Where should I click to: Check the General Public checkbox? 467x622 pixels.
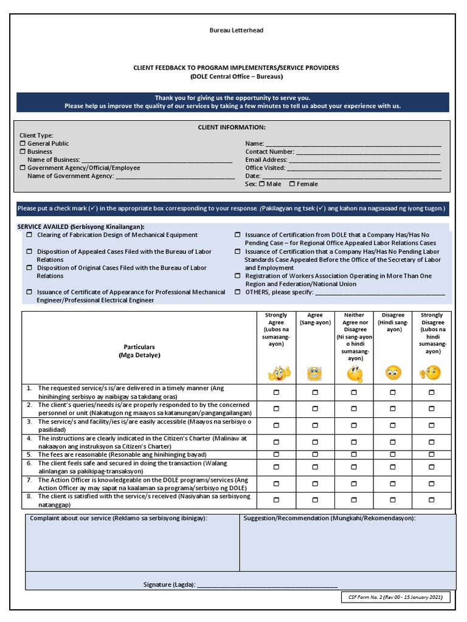23,143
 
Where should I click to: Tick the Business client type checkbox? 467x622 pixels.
23,151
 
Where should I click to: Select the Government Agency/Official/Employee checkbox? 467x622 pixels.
23,168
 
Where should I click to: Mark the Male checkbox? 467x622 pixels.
261,183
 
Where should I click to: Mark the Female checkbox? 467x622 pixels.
292,183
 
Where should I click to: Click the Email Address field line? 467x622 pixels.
364,161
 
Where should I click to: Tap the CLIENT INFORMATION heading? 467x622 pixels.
232,127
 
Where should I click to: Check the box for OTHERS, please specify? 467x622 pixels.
238,292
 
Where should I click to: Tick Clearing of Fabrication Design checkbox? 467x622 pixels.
29,234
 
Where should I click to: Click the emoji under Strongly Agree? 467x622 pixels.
276,372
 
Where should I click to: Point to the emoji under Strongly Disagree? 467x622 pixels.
431,372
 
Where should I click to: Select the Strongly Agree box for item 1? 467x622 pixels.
276,392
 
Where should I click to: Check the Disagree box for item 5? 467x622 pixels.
393,454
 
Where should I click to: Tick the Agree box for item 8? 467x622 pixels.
315,500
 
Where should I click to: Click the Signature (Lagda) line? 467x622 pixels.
268,585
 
